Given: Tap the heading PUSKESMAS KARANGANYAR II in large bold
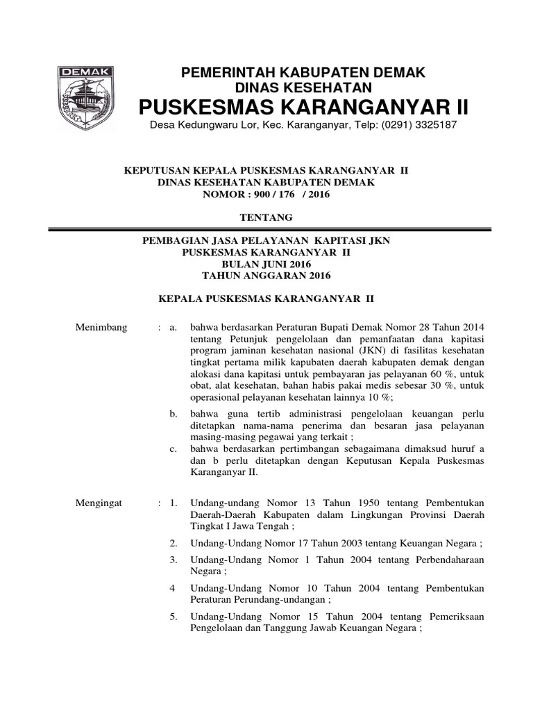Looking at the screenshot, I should click(x=304, y=107).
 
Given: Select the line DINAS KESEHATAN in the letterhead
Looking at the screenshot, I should click(x=304, y=87).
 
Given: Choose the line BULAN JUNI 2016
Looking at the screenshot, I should click(x=266, y=265).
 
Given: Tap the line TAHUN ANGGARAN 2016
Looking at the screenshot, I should click(x=266, y=276).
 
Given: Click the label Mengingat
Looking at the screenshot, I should click(x=99, y=502).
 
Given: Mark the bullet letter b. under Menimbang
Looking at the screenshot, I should click(x=174, y=414).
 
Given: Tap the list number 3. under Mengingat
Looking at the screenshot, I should click(x=174, y=560).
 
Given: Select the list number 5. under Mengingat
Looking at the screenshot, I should click(x=174, y=617).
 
